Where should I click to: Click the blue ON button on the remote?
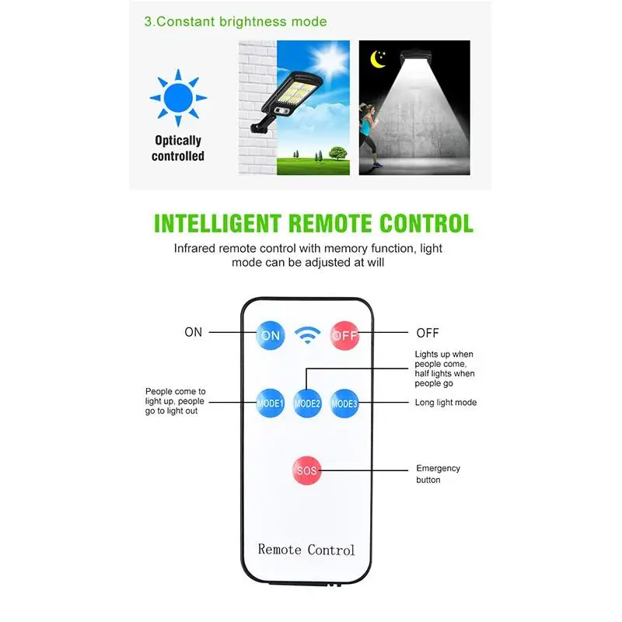coord(271,336)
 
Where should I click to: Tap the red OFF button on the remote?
coord(344,336)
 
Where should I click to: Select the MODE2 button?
coord(307,403)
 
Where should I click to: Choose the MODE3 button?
coord(344,403)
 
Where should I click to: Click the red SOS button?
coord(307,470)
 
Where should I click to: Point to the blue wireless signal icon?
coord(308,336)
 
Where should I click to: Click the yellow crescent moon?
coord(380,58)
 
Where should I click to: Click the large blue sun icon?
coord(178,99)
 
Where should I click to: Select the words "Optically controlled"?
coord(178,149)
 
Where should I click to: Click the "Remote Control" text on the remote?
coord(306,550)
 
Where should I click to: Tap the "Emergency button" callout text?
coord(439,474)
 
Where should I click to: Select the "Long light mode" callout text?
coord(446,403)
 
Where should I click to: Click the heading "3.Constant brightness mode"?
coord(236,22)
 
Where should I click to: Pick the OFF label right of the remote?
coord(428,333)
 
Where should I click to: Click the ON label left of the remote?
coord(194,332)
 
